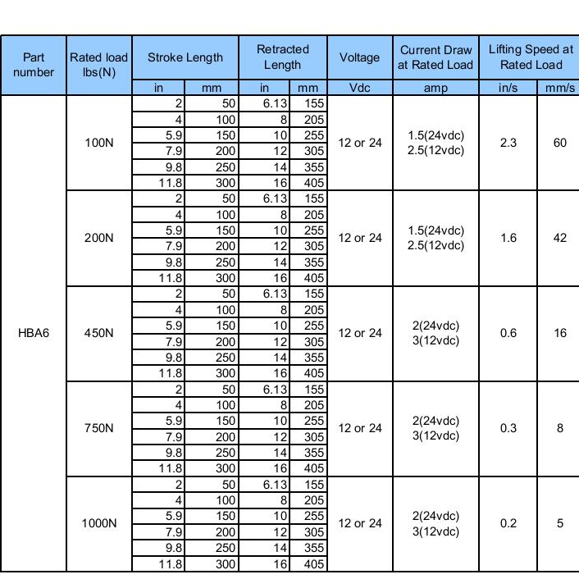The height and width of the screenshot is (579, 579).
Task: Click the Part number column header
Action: (x=34, y=65)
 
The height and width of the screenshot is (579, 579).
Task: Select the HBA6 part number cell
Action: (x=34, y=333)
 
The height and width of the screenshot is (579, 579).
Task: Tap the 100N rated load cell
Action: (x=99, y=143)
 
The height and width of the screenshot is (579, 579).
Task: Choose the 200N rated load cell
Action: (x=99, y=238)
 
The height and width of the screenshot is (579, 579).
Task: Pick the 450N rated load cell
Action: (x=99, y=333)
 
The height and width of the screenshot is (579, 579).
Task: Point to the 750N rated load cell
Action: (x=99, y=428)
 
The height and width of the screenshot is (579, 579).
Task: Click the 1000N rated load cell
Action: (x=99, y=523)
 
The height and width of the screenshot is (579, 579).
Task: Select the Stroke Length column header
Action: (x=185, y=57)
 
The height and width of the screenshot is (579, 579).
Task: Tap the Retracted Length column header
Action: (x=283, y=57)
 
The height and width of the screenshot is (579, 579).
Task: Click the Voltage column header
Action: (x=359, y=57)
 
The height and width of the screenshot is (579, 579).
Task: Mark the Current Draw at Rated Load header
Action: (x=435, y=57)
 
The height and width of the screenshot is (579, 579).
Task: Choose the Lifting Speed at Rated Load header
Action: (x=530, y=57)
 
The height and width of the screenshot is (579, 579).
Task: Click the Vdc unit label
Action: (x=359, y=88)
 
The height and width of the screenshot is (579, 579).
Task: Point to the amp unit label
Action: (x=435, y=88)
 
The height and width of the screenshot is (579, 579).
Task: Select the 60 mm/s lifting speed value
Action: (x=560, y=143)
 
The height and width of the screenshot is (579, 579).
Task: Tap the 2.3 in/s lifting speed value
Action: (x=508, y=143)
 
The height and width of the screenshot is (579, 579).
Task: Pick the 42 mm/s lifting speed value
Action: (x=560, y=238)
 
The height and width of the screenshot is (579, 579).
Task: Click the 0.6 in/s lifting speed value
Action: (x=508, y=333)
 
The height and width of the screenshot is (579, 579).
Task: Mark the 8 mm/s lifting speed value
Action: (x=560, y=428)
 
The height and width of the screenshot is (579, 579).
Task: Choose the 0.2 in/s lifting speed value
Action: (x=508, y=523)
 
